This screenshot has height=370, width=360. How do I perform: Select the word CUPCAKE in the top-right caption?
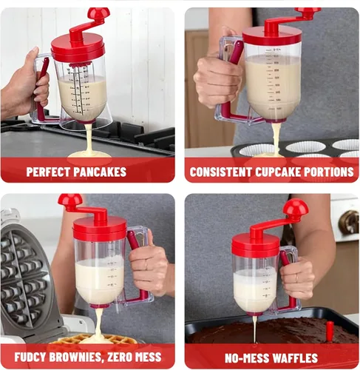click(278, 172)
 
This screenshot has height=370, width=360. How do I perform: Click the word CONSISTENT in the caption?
click(221, 172)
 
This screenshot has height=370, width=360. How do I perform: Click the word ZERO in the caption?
click(118, 357)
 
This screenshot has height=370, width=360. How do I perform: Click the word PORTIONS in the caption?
click(329, 172)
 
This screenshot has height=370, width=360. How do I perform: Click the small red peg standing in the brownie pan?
click(330, 330)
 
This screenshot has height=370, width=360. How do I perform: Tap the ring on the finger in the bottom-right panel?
click(296, 278)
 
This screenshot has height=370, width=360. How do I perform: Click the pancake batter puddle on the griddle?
click(90, 154)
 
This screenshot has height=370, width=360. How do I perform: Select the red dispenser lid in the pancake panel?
click(78, 48)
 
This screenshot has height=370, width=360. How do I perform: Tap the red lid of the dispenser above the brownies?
click(256, 244)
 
